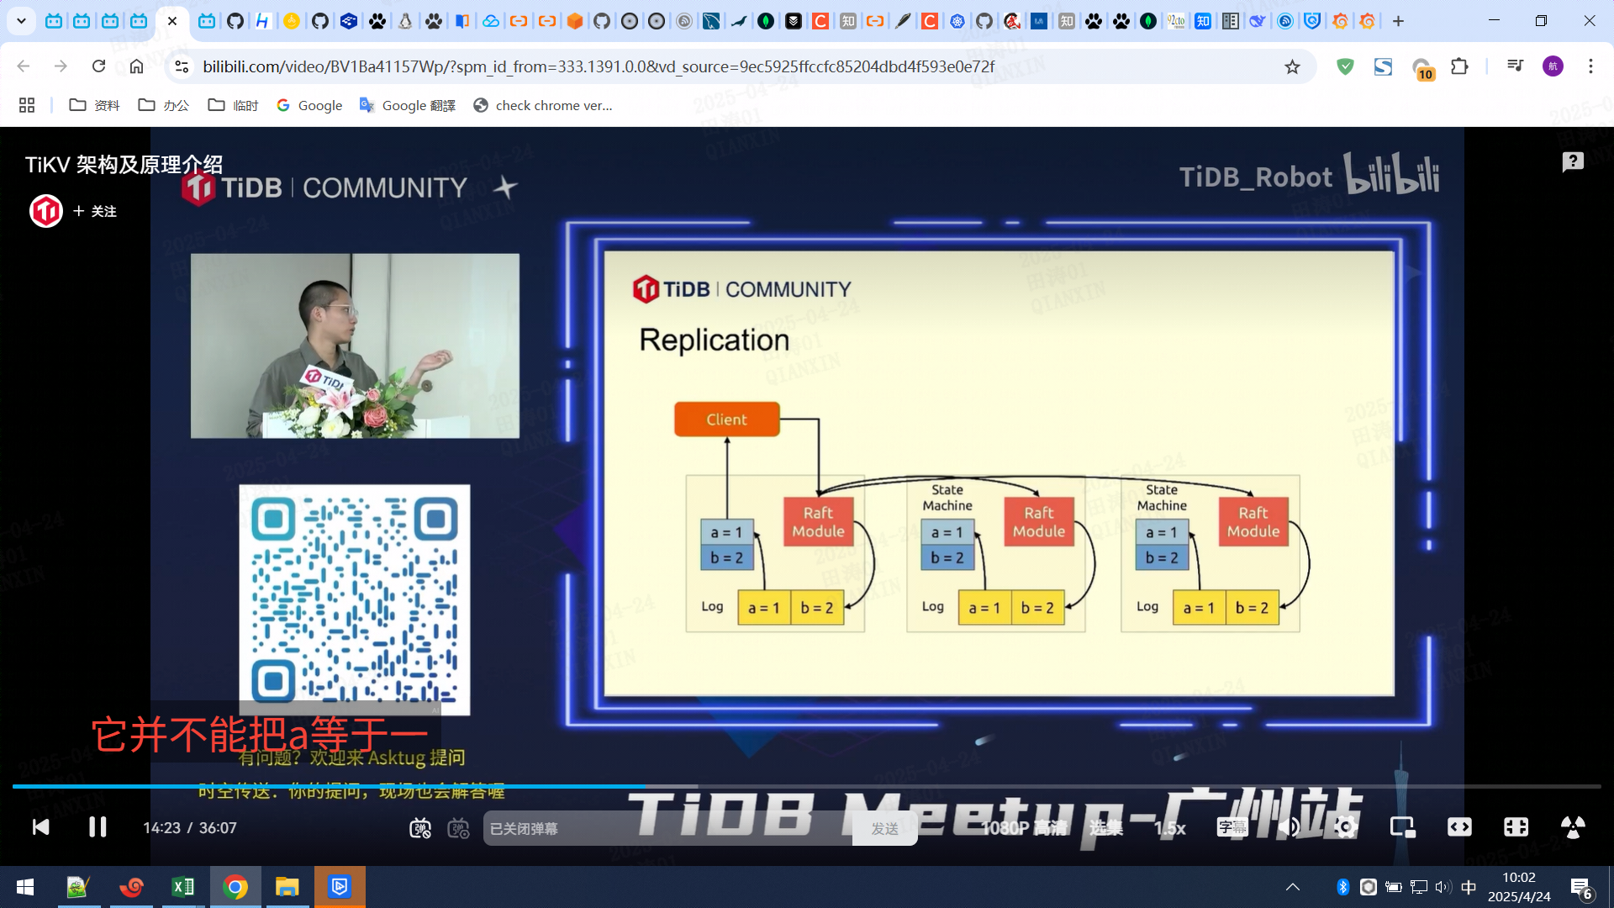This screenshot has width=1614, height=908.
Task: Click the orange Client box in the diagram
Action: pyautogui.click(x=726, y=420)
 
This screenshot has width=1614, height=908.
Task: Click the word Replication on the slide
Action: pyautogui.click(x=714, y=340)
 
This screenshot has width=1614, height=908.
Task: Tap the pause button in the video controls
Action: pyautogui.click(x=98, y=827)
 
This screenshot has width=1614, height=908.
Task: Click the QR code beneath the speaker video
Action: pyautogui.click(x=354, y=599)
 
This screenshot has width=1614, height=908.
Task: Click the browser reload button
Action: pyautogui.click(x=98, y=66)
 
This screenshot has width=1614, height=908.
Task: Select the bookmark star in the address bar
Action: pyautogui.click(x=1292, y=66)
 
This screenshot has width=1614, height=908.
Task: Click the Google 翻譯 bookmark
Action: pyautogui.click(x=408, y=105)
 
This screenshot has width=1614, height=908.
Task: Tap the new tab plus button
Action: pyautogui.click(x=1398, y=21)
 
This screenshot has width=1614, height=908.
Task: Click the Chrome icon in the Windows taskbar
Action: pyautogui.click(x=235, y=887)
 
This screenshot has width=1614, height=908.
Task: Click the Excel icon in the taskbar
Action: pyautogui.click(x=182, y=887)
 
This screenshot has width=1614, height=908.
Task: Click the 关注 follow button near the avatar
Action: pyautogui.click(x=95, y=211)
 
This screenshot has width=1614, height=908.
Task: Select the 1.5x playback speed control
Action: pyautogui.click(x=1169, y=828)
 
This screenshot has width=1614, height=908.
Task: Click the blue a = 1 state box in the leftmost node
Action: pyautogui.click(x=726, y=532)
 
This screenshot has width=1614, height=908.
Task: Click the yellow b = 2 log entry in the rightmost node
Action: pyautogui.click(x=1252, y=608)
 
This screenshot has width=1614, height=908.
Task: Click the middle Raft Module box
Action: pyautogui.click(x=1038, y=522)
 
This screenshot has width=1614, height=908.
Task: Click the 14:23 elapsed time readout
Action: pyautogui.click(x=161, y=828)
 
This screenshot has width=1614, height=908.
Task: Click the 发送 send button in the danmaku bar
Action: pyautogui.click(x=884, y=829)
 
